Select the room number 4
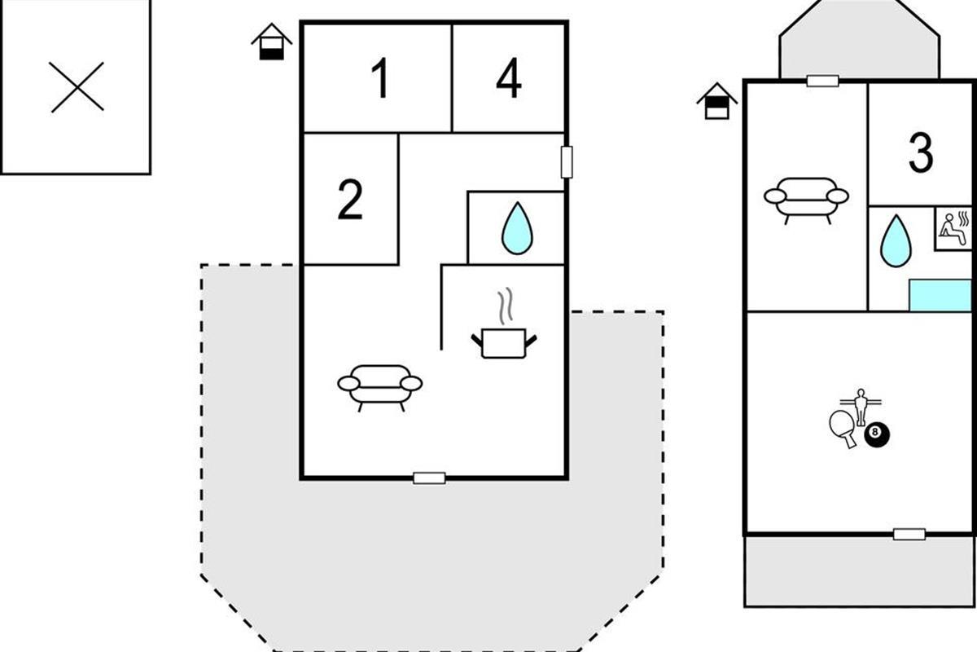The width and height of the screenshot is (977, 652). (x=509, y=78)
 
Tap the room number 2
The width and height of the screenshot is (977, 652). (x=350, y=199)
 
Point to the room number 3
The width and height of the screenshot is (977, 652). (x=921, y=152)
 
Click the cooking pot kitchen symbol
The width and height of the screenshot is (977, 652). (x=504, y=324)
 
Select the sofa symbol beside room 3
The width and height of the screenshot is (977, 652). (x=807, y=200)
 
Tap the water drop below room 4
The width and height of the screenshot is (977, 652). (x=517, y=228)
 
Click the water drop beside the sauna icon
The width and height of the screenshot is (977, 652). (x=896, y=240)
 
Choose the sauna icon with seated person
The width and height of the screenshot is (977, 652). (x=953, y=228)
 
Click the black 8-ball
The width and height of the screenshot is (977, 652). (x=877, y=434)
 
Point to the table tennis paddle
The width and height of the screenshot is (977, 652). (x=843, y=428)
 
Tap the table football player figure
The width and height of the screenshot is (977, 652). (x=860, y=407)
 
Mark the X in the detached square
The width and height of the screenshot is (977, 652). (x=77, y=87)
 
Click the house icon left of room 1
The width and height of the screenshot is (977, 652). (x=271, y=42)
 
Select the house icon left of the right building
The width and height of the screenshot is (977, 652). (x=717, y=101)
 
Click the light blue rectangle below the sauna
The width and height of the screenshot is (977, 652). (x=940, y=295)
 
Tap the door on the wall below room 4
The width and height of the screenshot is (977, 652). (x=567, y=162)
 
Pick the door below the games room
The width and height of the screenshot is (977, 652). (x=909, y=534)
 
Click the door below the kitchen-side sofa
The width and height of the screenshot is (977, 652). (x=429, y=478)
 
